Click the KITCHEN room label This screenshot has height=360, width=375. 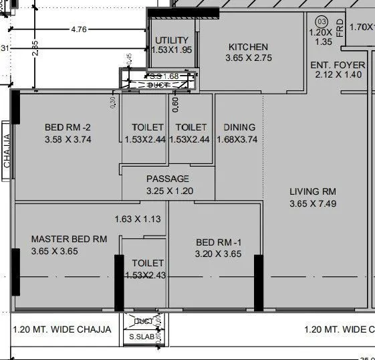248,48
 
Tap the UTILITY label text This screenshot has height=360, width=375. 172,41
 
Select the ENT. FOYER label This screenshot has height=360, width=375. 338,65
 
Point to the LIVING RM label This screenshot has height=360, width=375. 312,191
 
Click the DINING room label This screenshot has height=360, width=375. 239,127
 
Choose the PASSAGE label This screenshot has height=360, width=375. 168,179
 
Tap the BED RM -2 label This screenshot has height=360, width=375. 67,127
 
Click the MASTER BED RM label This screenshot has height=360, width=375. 69,239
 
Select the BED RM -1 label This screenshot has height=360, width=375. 218,242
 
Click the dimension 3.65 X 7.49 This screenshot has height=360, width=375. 312,203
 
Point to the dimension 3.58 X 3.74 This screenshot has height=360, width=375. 67,139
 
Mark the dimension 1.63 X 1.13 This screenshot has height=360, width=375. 138,219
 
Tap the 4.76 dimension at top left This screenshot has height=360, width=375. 78,29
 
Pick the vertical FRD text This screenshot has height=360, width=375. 340,30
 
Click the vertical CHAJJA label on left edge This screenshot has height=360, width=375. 7,151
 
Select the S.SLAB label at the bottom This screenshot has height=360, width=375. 140,337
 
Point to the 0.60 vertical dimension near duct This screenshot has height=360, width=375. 176,103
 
